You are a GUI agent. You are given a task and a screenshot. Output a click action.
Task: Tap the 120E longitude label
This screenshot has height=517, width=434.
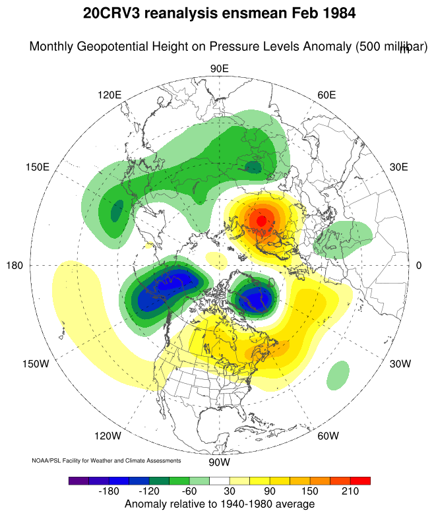tap(109, 94)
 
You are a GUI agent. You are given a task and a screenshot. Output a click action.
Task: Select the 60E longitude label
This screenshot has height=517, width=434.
tap(326, 94)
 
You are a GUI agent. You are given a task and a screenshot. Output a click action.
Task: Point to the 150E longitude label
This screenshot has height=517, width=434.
tap(38, 167)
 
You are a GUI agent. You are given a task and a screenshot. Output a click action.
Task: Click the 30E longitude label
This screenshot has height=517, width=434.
tap(398, 167)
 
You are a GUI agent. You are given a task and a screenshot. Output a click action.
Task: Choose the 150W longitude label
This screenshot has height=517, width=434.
tap(36, 363)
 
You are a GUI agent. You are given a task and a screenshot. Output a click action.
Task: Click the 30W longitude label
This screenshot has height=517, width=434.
tap(400, 363)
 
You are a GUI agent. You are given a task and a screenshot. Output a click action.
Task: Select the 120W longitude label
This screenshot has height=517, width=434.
tap(108, 436)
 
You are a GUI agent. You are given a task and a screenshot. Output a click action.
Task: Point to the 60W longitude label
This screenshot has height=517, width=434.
tap(328, 436)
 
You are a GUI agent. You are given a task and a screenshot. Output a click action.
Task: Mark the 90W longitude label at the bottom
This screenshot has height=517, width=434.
tap(218, 462)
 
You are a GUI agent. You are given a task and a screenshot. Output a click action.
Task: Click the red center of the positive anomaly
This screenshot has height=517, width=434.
tap(262, 220)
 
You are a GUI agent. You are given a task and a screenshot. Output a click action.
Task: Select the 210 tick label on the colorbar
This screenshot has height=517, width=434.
tap(350, 492)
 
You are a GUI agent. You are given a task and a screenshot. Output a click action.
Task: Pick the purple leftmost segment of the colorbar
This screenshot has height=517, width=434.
tap(78, 481)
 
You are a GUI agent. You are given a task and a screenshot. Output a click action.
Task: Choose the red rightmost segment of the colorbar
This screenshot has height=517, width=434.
tap(360, 481)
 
